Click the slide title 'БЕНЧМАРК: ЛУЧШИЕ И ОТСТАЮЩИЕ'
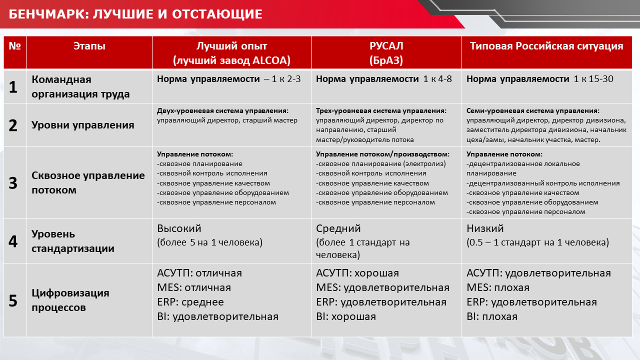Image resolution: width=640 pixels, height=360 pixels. (x=135, y=14)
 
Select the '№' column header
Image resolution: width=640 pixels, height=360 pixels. (x=15, y=46)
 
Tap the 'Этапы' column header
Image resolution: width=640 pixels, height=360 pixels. (x=89, y=46)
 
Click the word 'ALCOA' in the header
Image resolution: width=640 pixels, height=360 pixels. (x=271, y=60)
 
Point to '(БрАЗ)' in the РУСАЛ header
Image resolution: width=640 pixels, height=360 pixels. (x=386, y=60)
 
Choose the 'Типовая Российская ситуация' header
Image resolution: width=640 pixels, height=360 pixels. (x=546, y=46)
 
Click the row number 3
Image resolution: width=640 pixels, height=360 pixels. (x=13, y=183)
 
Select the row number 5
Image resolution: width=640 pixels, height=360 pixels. (x=13, y=301)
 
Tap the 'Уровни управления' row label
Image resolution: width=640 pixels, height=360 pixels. (x=83, y=125)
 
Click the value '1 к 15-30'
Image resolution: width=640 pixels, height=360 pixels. (x=593, y=79)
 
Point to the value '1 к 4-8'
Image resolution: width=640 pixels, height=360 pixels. (x=437, y=79)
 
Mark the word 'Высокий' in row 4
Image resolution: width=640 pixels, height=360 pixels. (x=179, y=228)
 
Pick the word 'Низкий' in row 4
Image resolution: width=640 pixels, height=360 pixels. (x=485, y=228)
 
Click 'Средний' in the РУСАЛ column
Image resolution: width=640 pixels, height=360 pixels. (x=338, y=228)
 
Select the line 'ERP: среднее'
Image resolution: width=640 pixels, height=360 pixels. (x=190, y=302)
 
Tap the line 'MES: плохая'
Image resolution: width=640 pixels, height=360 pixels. (x=498, y=287)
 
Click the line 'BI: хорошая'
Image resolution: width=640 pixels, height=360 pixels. (x=346, y=316)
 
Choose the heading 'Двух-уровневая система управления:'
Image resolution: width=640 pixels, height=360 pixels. (x=223, y=111)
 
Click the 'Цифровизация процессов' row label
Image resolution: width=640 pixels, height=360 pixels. (x=70, y=300)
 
